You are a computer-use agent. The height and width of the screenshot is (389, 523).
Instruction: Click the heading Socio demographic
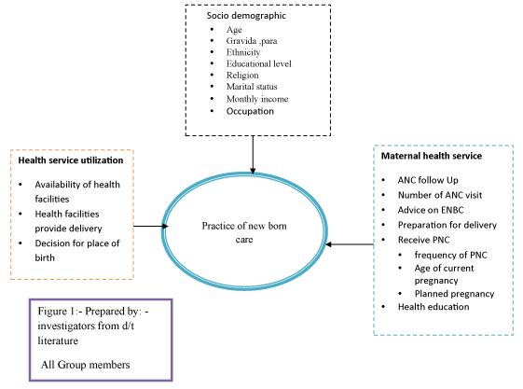point(246,16)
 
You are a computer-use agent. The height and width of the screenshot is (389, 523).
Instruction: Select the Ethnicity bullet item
point(243,52)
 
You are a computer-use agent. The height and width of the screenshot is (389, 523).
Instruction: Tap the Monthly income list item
point(257,99)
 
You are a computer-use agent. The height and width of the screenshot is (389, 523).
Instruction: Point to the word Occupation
point(250,111)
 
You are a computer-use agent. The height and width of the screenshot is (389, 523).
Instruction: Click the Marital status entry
point(252,87)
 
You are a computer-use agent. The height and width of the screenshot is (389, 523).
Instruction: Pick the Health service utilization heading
point(71,160)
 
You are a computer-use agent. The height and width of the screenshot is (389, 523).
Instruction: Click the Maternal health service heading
point(432,156)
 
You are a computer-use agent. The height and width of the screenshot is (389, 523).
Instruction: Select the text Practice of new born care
point(244,232)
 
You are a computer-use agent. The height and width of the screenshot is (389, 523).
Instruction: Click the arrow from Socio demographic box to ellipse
point(253,155)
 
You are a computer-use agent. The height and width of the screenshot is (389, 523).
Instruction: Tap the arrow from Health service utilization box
point(150,226)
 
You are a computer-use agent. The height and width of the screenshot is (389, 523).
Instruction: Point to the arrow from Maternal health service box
point(350,244)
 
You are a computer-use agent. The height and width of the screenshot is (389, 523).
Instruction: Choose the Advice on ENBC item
point(431,210)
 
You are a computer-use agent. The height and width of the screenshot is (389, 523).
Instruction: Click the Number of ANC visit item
point(440,195)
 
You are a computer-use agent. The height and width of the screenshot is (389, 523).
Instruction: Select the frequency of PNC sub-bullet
point(450,255)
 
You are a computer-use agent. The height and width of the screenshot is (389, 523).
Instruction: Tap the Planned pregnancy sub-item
point(454,294)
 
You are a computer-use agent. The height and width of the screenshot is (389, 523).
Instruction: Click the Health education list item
point(434,307)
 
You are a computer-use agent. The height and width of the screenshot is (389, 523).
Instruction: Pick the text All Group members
point(86,365)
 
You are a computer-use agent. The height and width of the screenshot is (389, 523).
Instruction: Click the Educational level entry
point(259,63)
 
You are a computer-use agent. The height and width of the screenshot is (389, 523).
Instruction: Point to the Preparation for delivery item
point(447,225)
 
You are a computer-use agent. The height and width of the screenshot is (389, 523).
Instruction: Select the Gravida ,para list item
point(252,41)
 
